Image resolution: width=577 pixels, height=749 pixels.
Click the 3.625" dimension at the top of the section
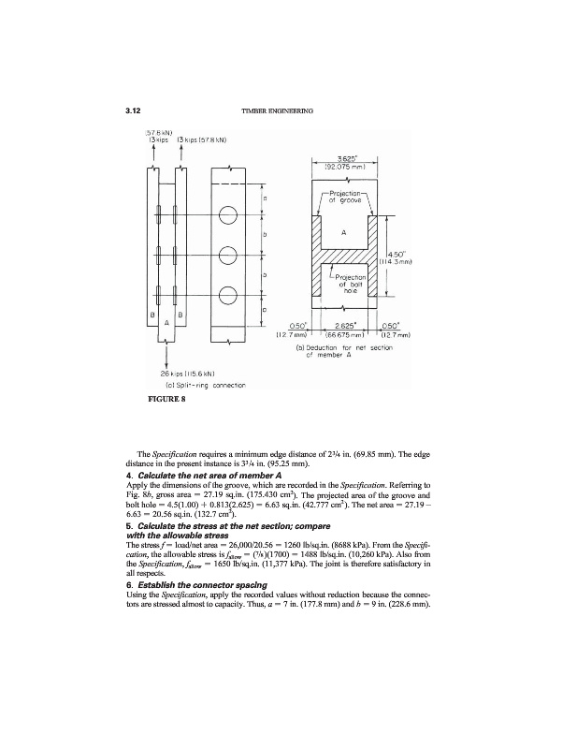click(348, 159)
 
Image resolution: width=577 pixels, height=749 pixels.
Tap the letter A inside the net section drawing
click(347, 232)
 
